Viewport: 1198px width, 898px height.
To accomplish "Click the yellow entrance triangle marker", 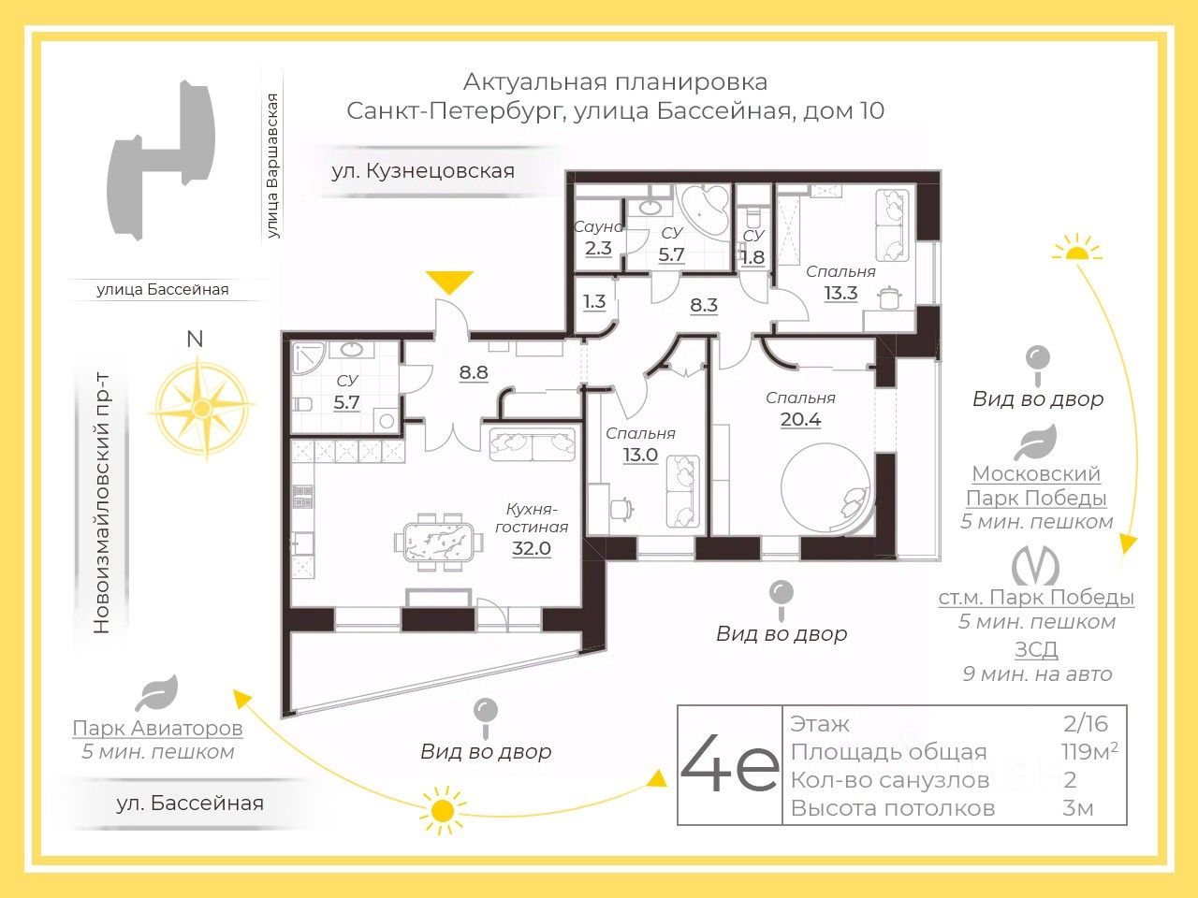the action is [449, 282].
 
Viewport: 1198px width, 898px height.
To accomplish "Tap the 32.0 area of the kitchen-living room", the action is [531, 548].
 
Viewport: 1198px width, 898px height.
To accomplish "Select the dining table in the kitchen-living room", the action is [439, 542].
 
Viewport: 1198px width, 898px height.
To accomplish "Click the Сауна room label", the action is [598, 226].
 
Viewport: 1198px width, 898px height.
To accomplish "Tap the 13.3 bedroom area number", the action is [840, 294].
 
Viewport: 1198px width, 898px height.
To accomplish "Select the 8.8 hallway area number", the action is [474, 372].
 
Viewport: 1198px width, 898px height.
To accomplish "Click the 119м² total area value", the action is [1089, 751].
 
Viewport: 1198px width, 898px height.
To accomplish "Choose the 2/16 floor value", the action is [1086, 724].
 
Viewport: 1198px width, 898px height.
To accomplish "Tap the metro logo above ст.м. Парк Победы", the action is [1035, 565].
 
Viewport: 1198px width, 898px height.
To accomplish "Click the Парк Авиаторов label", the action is [157, 728].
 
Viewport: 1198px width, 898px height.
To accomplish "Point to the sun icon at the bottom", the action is [442, 811].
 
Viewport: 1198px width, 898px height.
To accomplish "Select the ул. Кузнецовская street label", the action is [423, 171].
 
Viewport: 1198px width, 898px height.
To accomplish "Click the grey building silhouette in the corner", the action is [161, 159].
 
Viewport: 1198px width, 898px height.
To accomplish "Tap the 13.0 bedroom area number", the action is [640, 455].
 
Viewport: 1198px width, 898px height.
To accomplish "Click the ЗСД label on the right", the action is [1036, 649].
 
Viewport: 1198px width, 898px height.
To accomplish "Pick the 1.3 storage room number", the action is [593, 301].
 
